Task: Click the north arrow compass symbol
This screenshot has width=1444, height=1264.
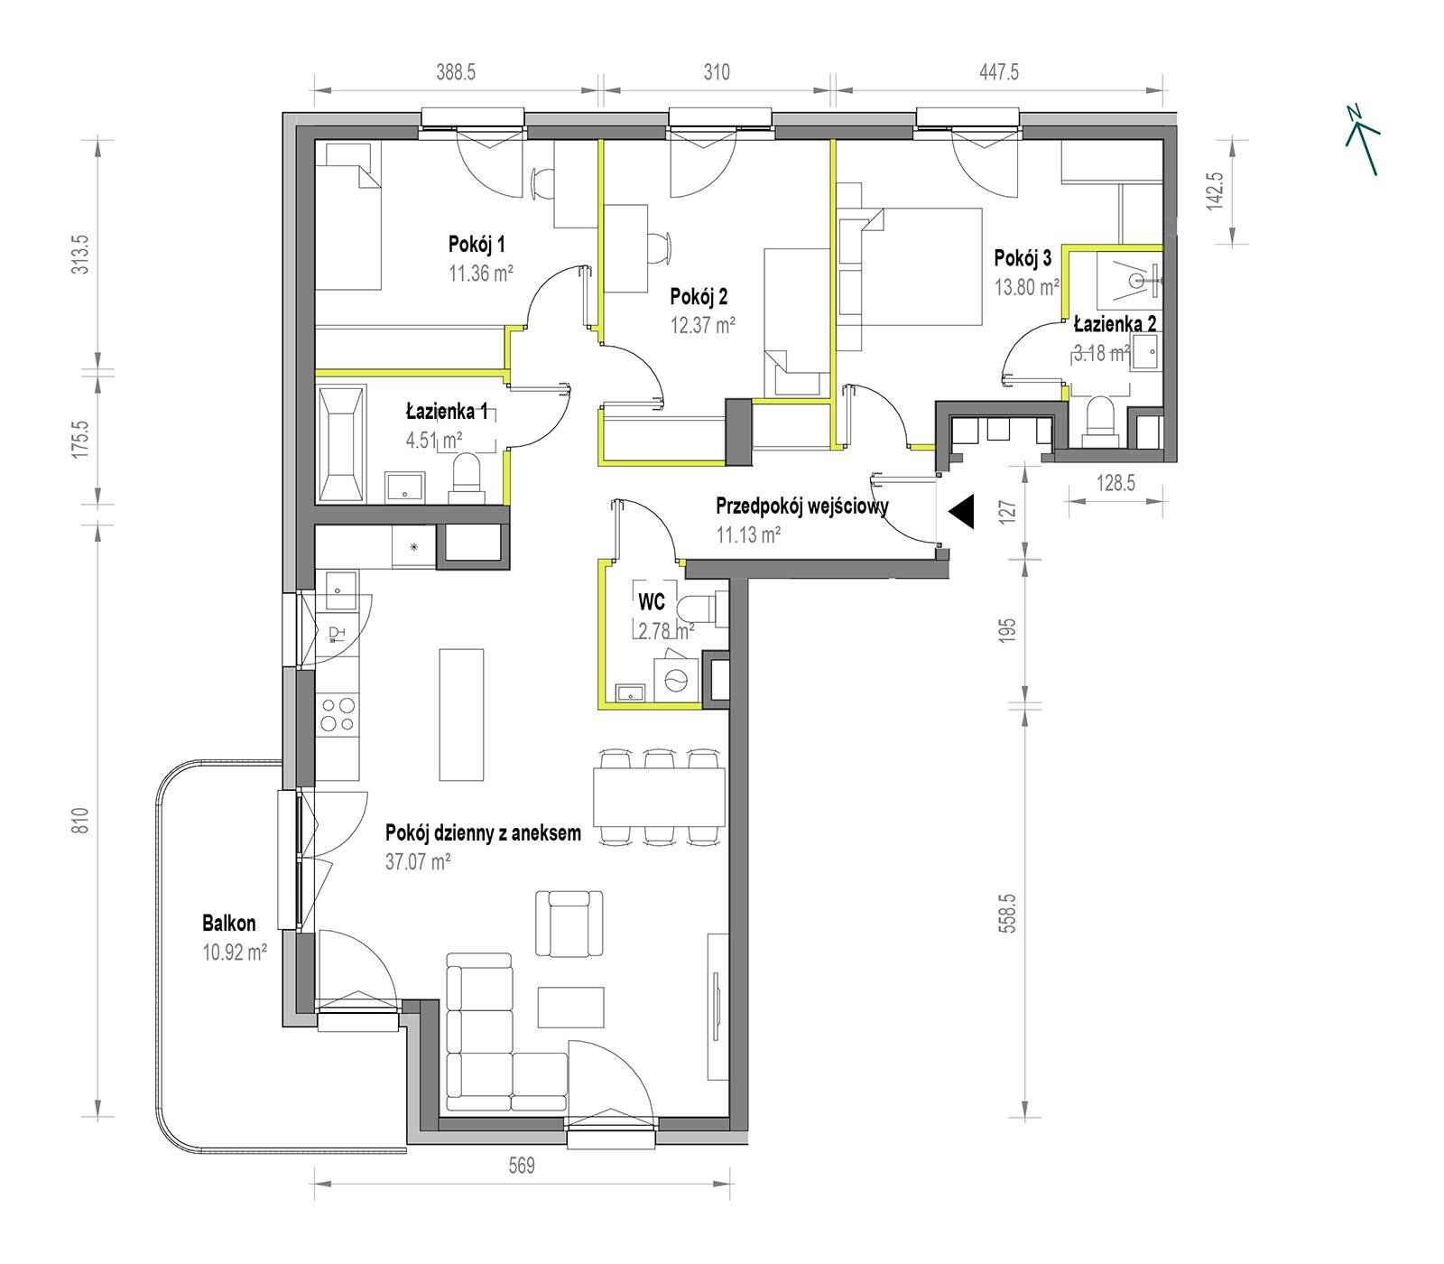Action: click(1362, 138)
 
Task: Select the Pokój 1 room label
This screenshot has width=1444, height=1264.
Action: click(477, 244)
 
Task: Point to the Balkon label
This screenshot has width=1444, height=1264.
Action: click(228, 923)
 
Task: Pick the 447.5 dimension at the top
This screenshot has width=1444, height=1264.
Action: click(999, 72)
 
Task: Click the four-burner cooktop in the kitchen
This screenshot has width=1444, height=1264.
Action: click(338, 713)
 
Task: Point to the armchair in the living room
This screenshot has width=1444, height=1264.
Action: click(569, 922)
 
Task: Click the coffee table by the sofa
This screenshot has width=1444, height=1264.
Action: click(570, 1007)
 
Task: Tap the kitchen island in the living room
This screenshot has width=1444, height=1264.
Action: click(462, 713)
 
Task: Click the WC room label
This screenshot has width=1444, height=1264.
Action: click(652, 601)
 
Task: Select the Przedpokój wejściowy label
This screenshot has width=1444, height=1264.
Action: click(801, 507)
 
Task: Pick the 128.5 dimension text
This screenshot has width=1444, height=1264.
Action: click(1115, 483)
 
